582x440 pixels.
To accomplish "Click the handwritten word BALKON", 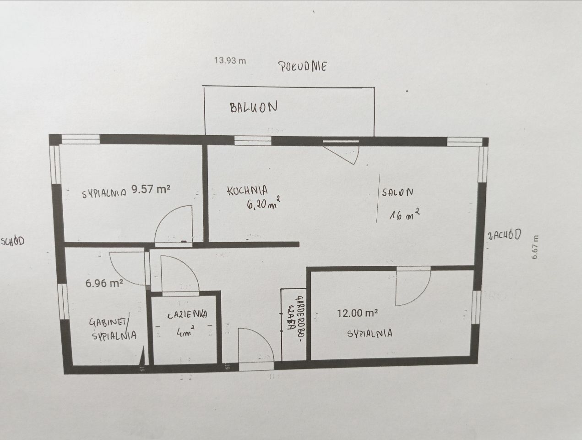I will (253, 108).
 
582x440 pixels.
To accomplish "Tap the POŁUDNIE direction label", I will (303, 66).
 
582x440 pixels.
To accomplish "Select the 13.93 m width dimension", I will (230, 60).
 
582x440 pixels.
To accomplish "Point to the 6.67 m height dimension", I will (535, 247).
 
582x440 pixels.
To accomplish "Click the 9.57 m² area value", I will (151, 189).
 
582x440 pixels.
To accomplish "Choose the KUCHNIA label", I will (247, 190).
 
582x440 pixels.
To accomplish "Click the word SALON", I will (397, 192).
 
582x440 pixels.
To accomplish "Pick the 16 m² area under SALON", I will (404, 214).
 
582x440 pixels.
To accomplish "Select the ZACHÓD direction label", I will (504, 235).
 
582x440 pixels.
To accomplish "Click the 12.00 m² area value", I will (357, 313).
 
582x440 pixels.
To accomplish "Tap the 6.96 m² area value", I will (104, 283).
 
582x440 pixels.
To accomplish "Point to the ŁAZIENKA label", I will (187, 314).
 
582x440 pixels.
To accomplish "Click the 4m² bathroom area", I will (185, 331).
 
